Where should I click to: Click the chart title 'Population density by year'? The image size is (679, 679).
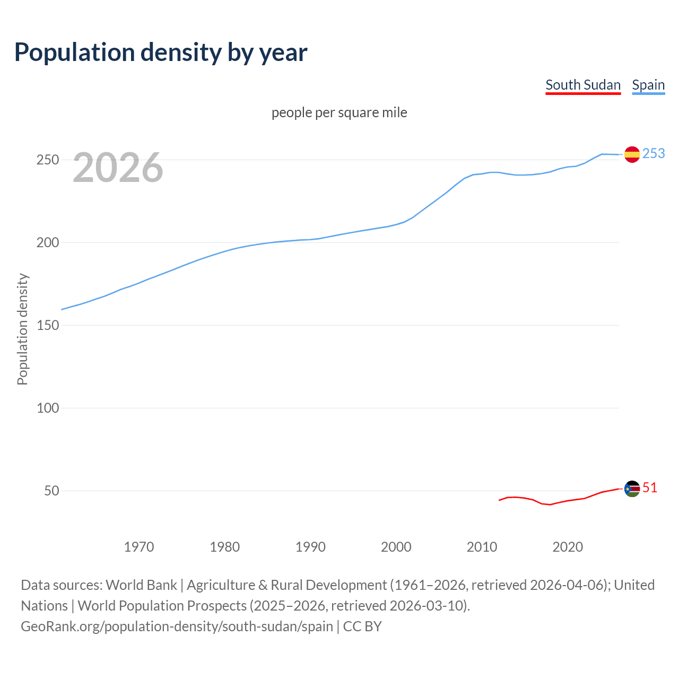[x=161, y=52]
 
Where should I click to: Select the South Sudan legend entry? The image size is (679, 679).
[x=583, y=85]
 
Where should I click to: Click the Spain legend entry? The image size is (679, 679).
[x=648, y=85]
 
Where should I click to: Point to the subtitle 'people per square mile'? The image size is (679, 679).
[x=339, y=112]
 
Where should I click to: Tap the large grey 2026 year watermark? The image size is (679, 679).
[x=118, y=168]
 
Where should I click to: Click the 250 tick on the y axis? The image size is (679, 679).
[x=47, y=160]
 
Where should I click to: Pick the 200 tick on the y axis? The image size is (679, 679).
[x=47, y=242]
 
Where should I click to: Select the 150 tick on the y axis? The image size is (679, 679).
[x=47, y=325]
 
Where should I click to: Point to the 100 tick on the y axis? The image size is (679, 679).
[x=47, y=408]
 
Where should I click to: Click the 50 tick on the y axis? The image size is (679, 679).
[x=51, y=491]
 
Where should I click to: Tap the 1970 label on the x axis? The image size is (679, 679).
[x=139, y=547]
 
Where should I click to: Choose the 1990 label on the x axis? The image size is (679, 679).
[x=310, y=547]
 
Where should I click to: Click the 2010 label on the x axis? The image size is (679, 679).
[x=482, y=547]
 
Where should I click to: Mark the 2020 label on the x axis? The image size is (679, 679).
[x=568, y=547]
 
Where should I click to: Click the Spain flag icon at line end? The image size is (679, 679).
[x=632, y=154]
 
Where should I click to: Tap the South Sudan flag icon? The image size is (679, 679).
[x=632, y=489]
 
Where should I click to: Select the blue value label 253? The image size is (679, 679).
[x=654, y=153]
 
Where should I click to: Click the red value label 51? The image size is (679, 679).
[x=650, y=488]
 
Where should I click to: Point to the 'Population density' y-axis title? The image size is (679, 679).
[x=22, y=329]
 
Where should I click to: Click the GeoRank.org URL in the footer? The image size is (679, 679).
[x=177, y=626]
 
